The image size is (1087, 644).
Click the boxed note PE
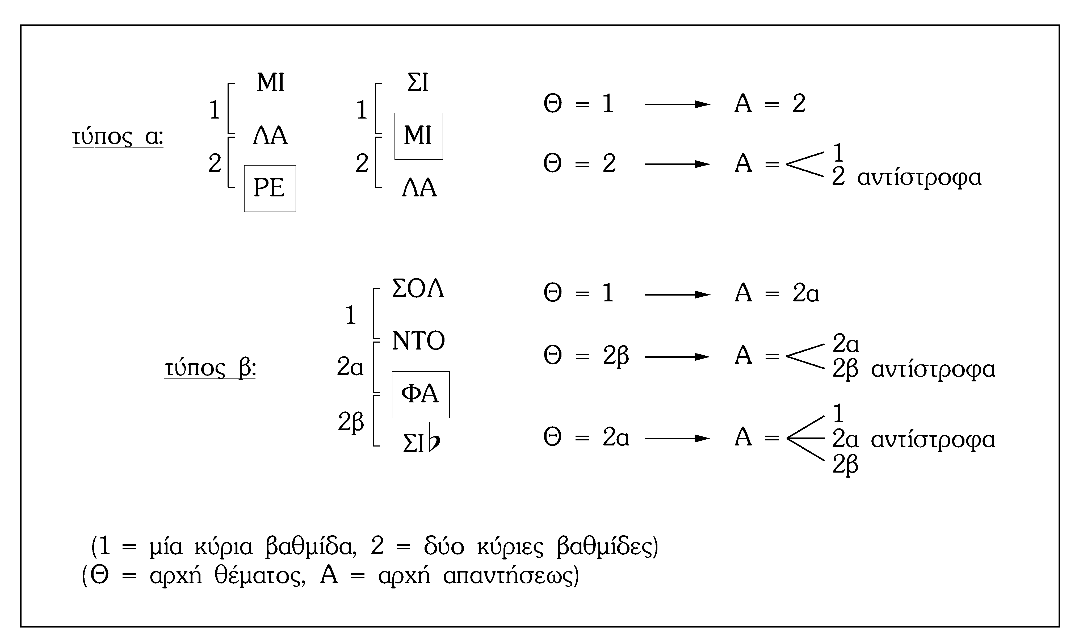coord(270,188)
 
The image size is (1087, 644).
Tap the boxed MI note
coord(418,136)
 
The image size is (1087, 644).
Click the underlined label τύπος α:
coord(117,137)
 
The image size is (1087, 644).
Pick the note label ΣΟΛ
coord(418,289)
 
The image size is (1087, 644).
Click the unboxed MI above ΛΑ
coord(270,82)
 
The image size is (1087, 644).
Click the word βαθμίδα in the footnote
coord(311,547)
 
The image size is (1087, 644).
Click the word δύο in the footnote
coord(444,547)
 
